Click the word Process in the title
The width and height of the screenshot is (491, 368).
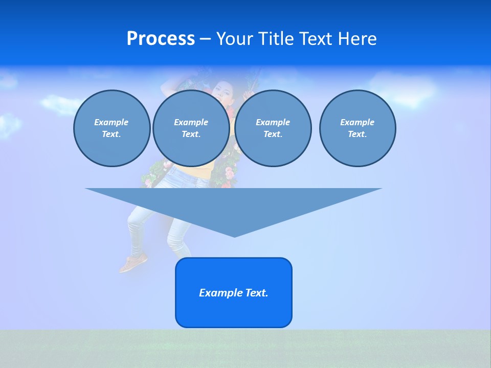161,39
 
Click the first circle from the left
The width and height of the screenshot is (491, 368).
111,128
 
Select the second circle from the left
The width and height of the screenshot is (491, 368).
191,128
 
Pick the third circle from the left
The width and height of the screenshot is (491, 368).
273,128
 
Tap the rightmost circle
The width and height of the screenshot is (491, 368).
357,128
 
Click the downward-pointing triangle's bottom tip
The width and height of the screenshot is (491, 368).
234,236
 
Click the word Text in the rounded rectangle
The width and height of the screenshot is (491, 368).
256,293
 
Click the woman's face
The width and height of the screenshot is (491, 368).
221,92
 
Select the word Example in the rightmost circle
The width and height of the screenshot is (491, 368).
357,122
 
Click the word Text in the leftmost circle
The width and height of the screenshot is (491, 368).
110,134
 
